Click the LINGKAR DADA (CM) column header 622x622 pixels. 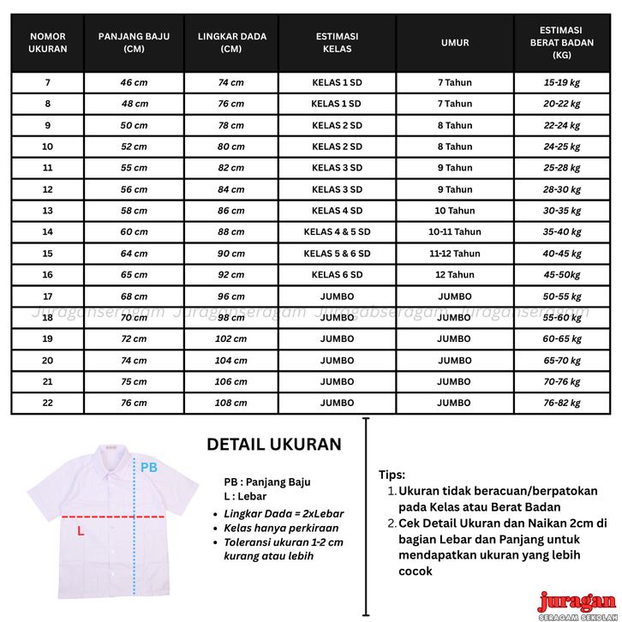[231, 43]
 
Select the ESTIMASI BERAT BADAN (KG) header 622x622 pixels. [562, 43]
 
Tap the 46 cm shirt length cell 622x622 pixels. [134, 82]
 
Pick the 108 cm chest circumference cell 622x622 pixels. [231, 403]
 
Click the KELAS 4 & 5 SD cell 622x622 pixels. [337, 232]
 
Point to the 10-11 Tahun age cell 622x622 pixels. [455, 232]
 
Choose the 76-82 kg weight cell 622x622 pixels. [562, 403]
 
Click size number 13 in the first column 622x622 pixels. [48, 211]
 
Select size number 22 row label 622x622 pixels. [48, 403]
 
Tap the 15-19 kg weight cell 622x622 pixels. [562, 82]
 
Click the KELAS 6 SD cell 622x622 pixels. [337, 275]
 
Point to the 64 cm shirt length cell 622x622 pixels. [134, 254]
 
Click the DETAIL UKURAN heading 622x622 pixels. [274, 445]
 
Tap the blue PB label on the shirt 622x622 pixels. [149, 468]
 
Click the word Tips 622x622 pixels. [392, 475]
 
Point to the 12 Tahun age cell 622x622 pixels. [455, 275]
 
